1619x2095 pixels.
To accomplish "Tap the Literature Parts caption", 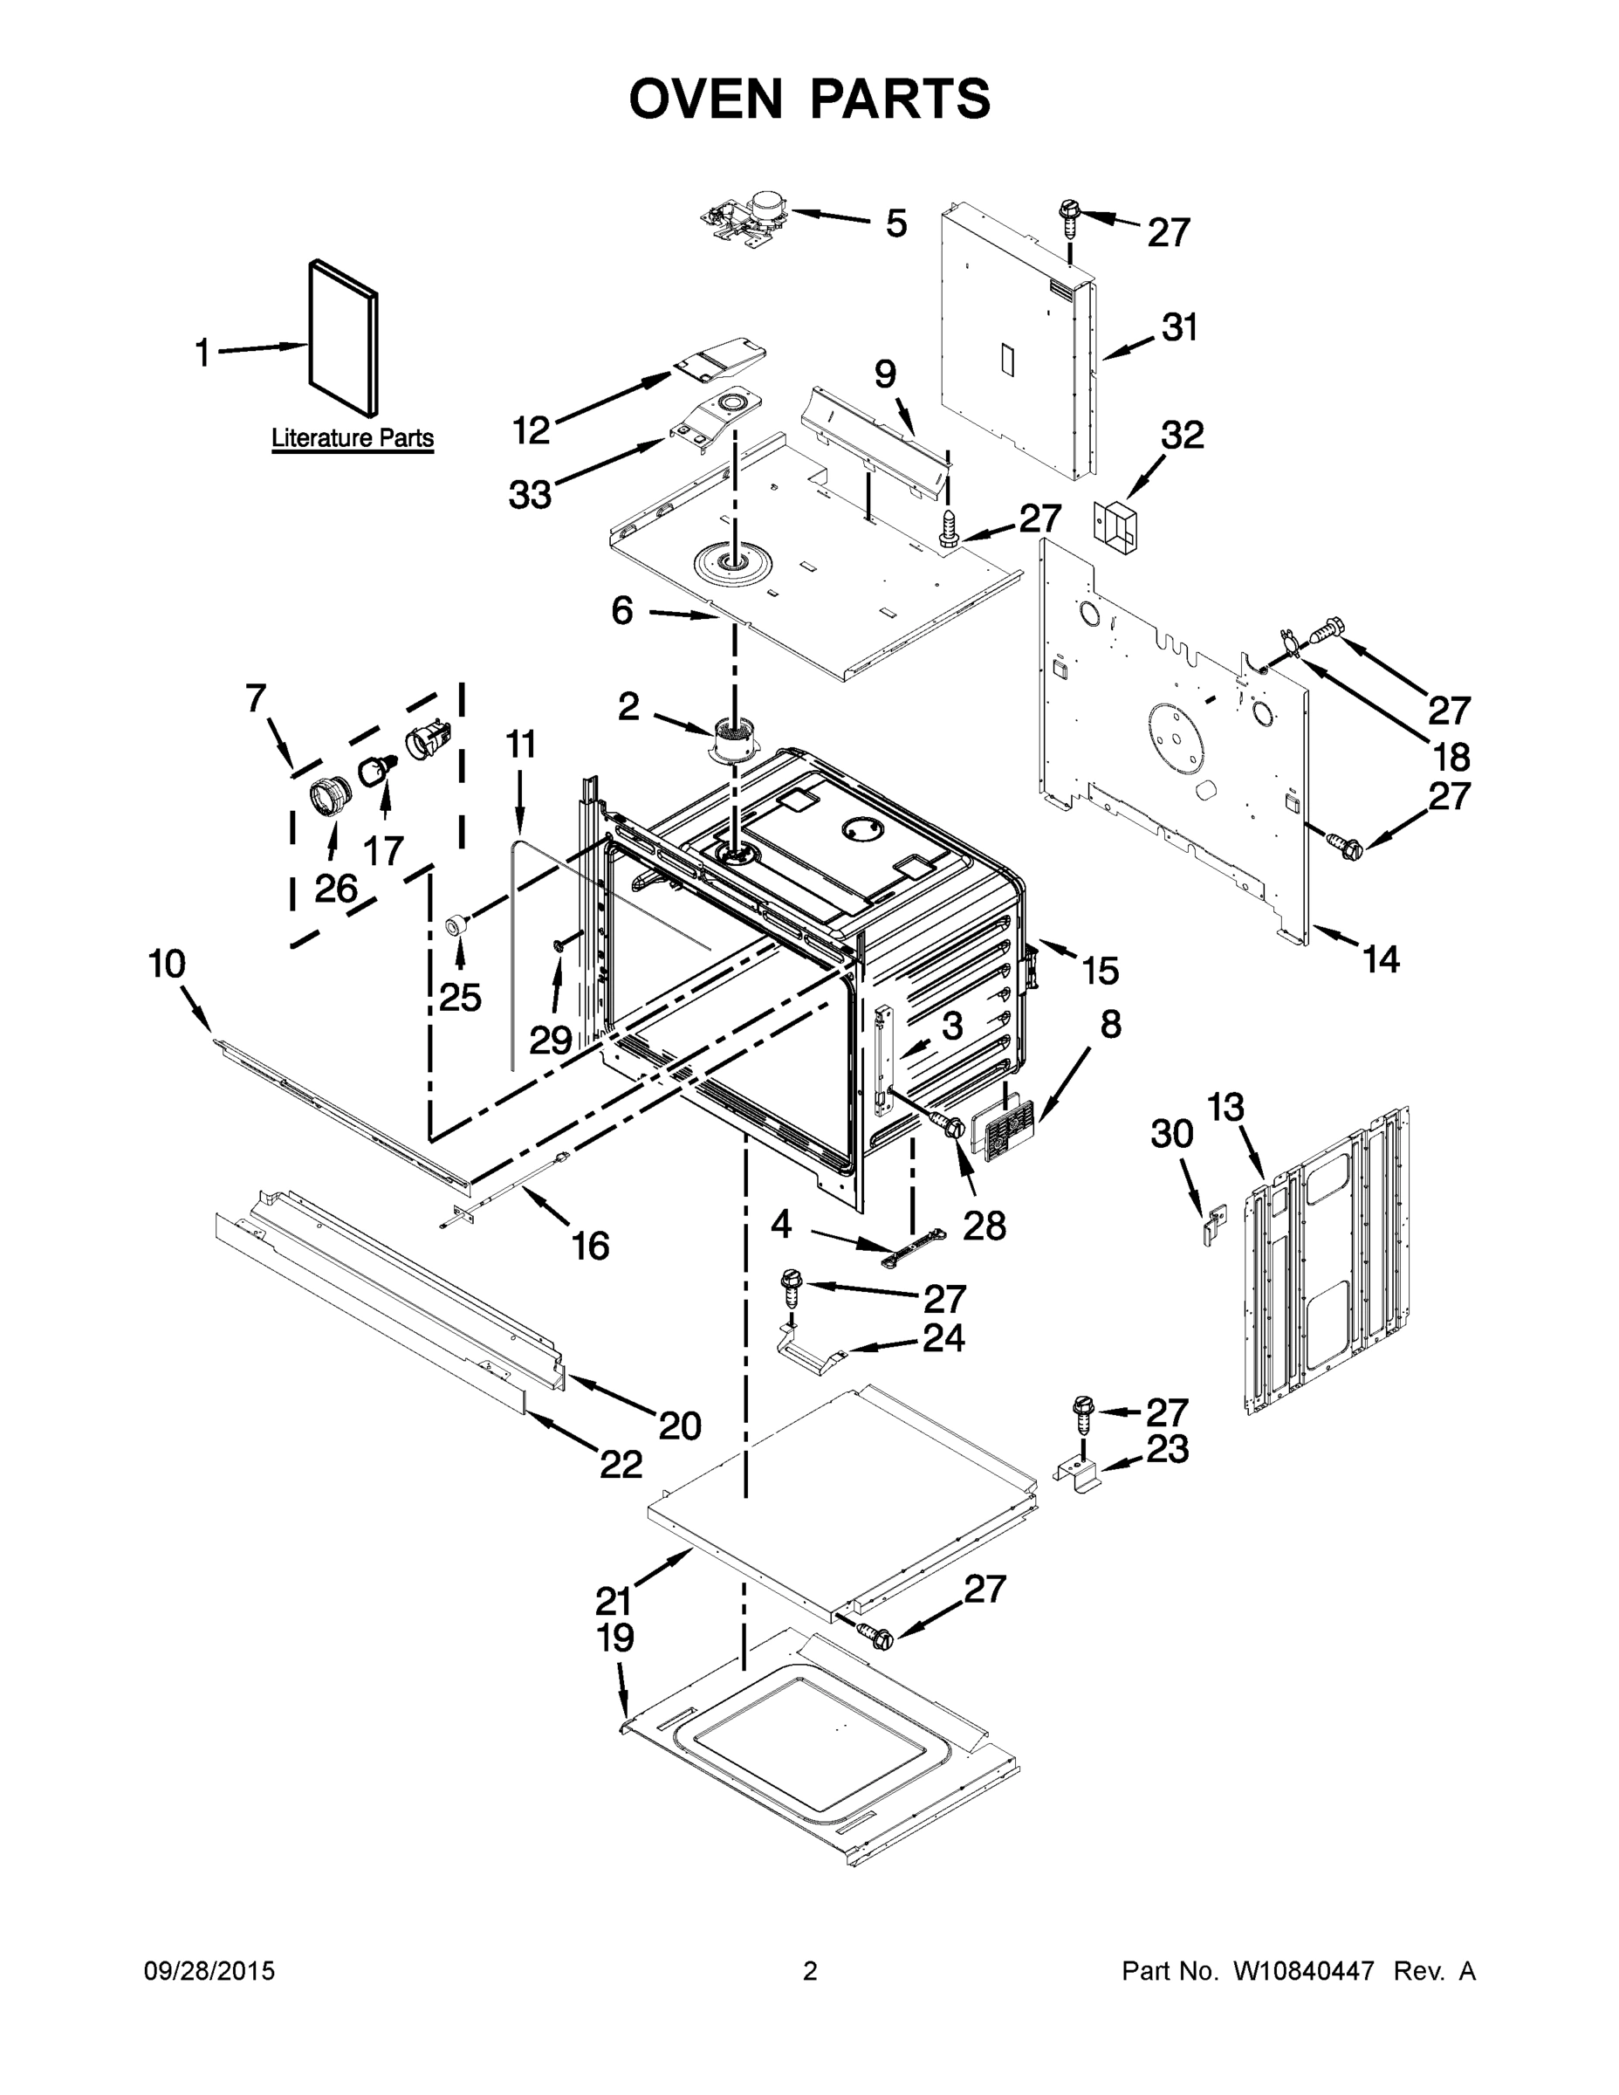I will click(x=352, y=438).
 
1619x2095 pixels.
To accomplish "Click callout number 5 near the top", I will click(x=895, y=223).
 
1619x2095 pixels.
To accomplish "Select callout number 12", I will click(x=531, y=429).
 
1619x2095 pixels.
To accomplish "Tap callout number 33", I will click(x=530, y=495).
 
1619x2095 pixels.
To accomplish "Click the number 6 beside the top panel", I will click(x=622, y=610).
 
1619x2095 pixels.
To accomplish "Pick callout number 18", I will click(x=1452, y=757).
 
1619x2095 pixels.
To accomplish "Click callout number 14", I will click(x=1381, y=958).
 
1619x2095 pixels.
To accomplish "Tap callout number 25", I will click(x=459, y=998).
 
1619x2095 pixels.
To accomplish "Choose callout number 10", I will click(x=167, y=963).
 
